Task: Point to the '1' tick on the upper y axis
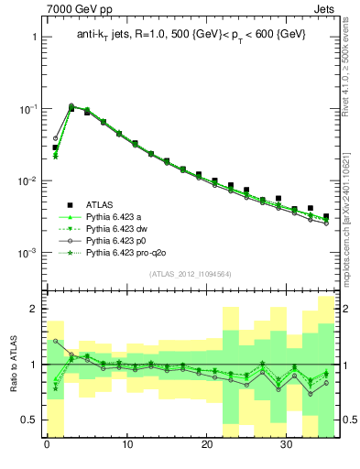(33, 38)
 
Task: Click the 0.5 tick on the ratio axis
(29, 420)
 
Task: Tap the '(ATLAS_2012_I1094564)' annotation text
(190, 273)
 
